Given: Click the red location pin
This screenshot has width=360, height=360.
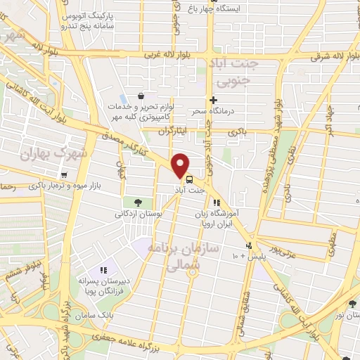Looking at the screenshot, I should point(181,165).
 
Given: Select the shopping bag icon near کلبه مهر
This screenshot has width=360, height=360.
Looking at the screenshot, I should point(141,96).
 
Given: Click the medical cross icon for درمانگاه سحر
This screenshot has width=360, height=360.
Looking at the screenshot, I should point(213,100).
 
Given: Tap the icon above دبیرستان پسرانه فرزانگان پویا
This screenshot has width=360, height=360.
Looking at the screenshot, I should point(103,269).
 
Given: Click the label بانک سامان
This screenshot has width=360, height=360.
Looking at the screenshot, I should point(108,316).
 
